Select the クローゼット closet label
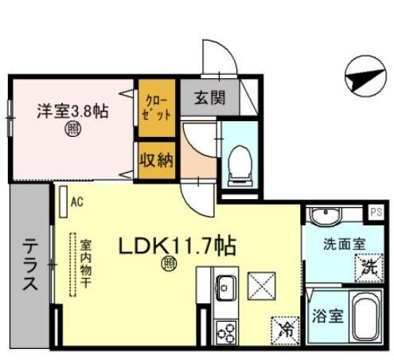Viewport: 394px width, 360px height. pos(157,108)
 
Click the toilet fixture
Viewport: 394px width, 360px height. pos(238,162)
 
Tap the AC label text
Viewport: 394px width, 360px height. pos(76,202)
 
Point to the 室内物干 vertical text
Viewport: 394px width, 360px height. pos(84,262)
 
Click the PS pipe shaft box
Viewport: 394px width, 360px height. pos(376,212)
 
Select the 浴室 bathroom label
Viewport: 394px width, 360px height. pos(329,315)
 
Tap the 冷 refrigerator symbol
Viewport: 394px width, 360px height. pos(284,326)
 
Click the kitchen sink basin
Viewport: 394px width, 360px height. pos(225,284)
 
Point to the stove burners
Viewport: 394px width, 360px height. pos(224,328)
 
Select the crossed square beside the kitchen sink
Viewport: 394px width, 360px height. pos(262,284)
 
